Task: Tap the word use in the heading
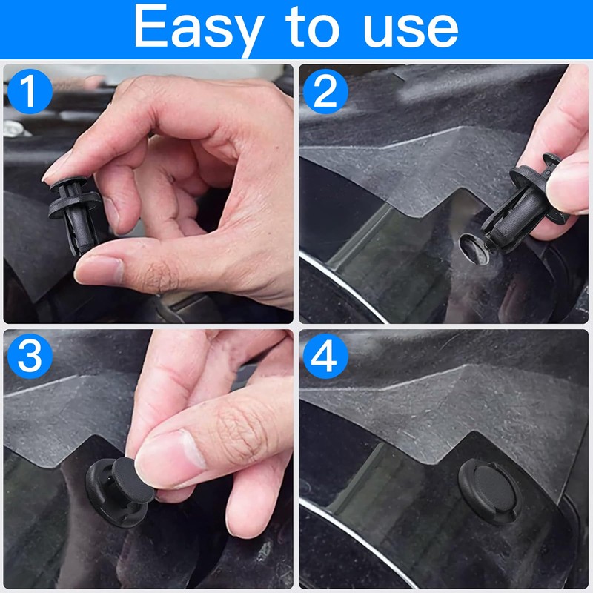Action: pos(411,30)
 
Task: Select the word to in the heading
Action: pos(312,27)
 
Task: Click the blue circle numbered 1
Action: pos(30,91)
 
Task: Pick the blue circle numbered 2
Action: pos(325,91)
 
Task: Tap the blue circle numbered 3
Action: pos(30,357)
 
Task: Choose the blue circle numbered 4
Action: pos(325,357)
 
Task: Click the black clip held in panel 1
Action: pos(76,213)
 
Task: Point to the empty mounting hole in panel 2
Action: pos(474,249)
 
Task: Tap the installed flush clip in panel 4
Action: pos(490,491)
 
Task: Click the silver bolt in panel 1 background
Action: pos(13,128)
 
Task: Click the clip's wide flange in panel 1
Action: pos(75,205)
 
